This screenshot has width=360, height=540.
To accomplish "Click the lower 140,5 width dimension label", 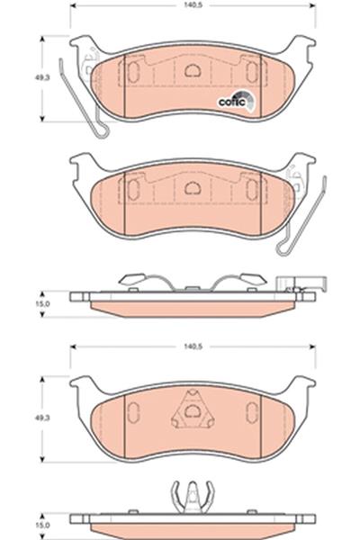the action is (x=193, y=346).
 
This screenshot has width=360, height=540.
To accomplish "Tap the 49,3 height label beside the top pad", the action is (x=42, y=77).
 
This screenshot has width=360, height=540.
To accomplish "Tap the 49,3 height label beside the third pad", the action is (x=42, y=418).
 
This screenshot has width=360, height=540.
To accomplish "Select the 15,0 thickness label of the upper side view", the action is (x=42, y=304).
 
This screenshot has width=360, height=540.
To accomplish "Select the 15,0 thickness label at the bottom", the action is (x=42, y=526).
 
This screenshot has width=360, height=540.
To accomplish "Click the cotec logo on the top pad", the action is (x=237, y=100).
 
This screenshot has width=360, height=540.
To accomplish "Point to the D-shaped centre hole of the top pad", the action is (x=193, y=70).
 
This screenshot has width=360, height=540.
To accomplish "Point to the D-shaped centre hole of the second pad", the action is (x=193, y=188).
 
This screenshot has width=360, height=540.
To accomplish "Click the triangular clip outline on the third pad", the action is (x=193, y=409).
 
